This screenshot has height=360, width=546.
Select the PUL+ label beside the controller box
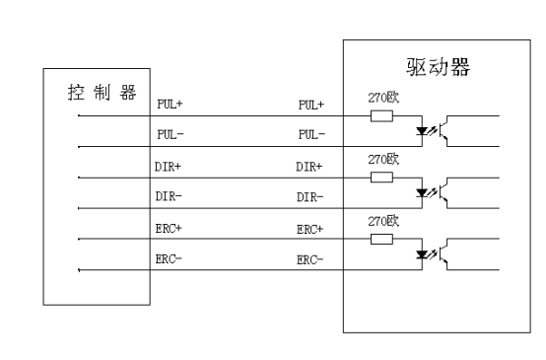pos(170,104)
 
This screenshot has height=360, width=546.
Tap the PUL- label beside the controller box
pos(170,132)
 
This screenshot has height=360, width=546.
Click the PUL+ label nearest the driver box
pos(310,104)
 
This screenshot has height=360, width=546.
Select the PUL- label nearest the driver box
pos(310,132)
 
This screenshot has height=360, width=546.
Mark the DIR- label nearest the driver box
pos(310,196)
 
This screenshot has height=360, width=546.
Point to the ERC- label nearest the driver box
pos(310,258)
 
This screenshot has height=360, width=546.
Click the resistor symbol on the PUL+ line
pos(381,115)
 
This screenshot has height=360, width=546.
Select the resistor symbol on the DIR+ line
pos(381,178)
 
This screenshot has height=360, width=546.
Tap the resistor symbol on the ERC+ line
pos(381,241)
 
